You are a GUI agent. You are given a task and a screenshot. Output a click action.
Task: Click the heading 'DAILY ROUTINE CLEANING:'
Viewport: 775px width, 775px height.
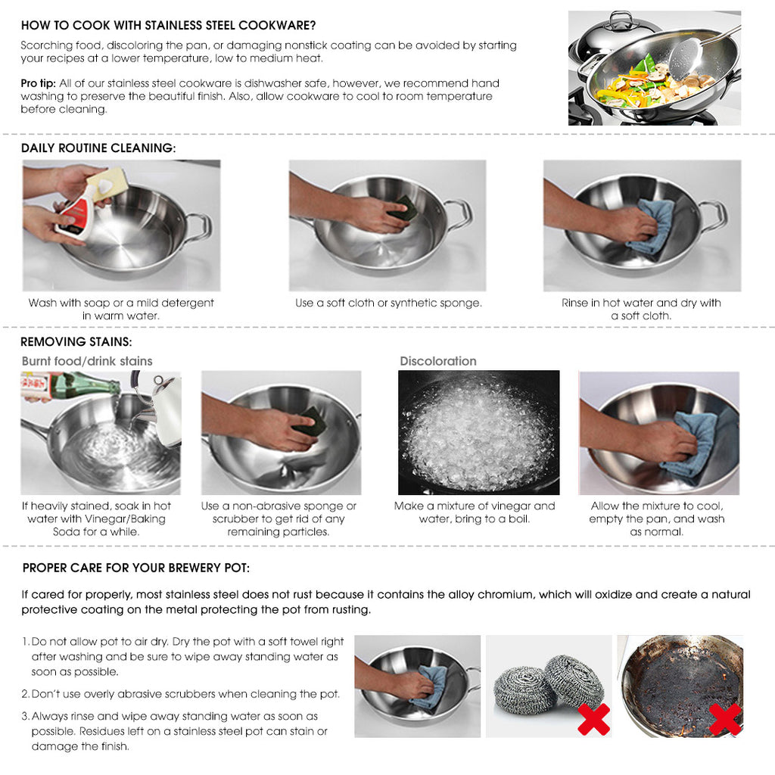[x=98, y=148]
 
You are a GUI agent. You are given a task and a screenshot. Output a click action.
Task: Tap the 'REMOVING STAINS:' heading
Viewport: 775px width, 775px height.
[x=76, y=342]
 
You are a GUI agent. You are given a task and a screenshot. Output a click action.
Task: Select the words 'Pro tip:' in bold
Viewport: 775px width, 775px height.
[x=38, y=83]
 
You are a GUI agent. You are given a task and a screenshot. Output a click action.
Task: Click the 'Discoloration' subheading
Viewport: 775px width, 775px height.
[x=438, y=361]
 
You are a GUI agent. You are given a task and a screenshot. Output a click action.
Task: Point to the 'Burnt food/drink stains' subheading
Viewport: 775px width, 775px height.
[x=87, y=361]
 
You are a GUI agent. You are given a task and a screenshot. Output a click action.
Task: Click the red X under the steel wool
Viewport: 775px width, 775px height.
[x=593, y=719]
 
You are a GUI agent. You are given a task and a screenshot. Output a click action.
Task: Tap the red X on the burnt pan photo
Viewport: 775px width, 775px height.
[x=724, y=719]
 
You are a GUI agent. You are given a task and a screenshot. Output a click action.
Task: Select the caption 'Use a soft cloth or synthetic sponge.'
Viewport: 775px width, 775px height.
[x=388, y=303]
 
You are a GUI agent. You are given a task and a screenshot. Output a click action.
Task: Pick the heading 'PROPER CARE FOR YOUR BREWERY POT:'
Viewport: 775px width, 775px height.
[x=136, y=568]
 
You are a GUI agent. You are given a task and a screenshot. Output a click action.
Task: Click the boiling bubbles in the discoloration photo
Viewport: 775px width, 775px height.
[x=478, y=435]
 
